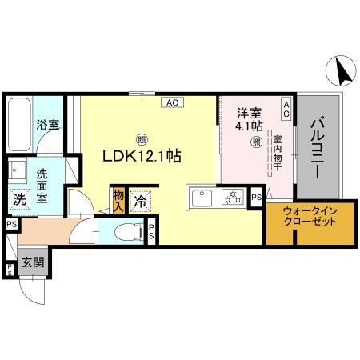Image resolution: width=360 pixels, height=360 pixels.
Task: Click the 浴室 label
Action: [x=49, y=124]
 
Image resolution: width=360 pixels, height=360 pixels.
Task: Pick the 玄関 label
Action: [x=31, y=262]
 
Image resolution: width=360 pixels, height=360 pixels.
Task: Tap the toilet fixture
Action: [x=126, y=233]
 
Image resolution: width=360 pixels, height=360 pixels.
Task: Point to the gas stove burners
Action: [x=232, y=197]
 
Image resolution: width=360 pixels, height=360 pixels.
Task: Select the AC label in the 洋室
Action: [x=286, y=107]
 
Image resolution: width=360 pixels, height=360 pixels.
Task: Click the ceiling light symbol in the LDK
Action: [x=141, y=138]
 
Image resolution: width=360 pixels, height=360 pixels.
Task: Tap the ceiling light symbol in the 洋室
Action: [x=256, y=142]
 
